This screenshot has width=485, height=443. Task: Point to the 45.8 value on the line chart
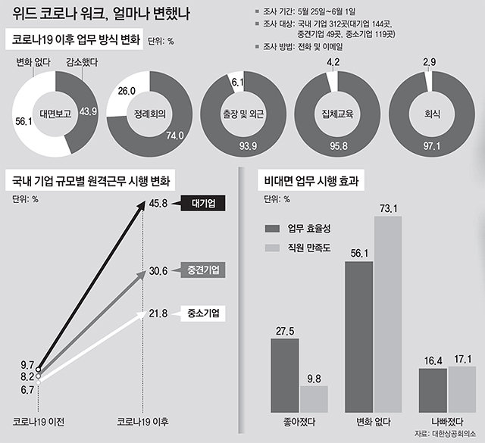pyautogui.click(x=158, y=203)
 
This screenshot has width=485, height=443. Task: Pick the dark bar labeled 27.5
pyautogui.click(x=285, y=374)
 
